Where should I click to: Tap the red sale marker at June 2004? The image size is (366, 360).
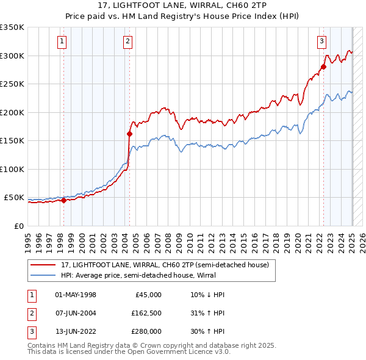coord(129,134)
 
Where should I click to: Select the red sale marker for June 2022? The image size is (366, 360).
coord(323,67)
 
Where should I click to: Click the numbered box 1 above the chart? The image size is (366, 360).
coord(63,41)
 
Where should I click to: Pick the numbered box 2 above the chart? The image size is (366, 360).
coord(127,41)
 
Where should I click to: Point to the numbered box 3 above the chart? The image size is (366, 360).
coord(321,41)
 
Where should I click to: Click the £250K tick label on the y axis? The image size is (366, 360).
coord(12,84)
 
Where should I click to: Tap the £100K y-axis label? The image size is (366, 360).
coord(12,169)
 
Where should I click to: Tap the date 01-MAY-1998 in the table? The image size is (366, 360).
coord(75,295)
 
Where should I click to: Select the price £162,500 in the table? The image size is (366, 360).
coord(146,313)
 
